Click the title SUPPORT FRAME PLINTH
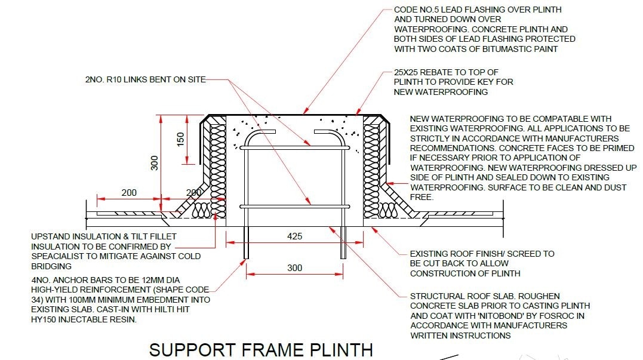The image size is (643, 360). (261, 349)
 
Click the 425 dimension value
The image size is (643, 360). (294, 236)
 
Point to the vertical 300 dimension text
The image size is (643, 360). (155, 162)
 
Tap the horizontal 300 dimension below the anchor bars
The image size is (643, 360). (294, 268)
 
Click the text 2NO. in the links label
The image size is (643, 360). (96, 79)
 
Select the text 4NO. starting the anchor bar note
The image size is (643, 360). (41, 280)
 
